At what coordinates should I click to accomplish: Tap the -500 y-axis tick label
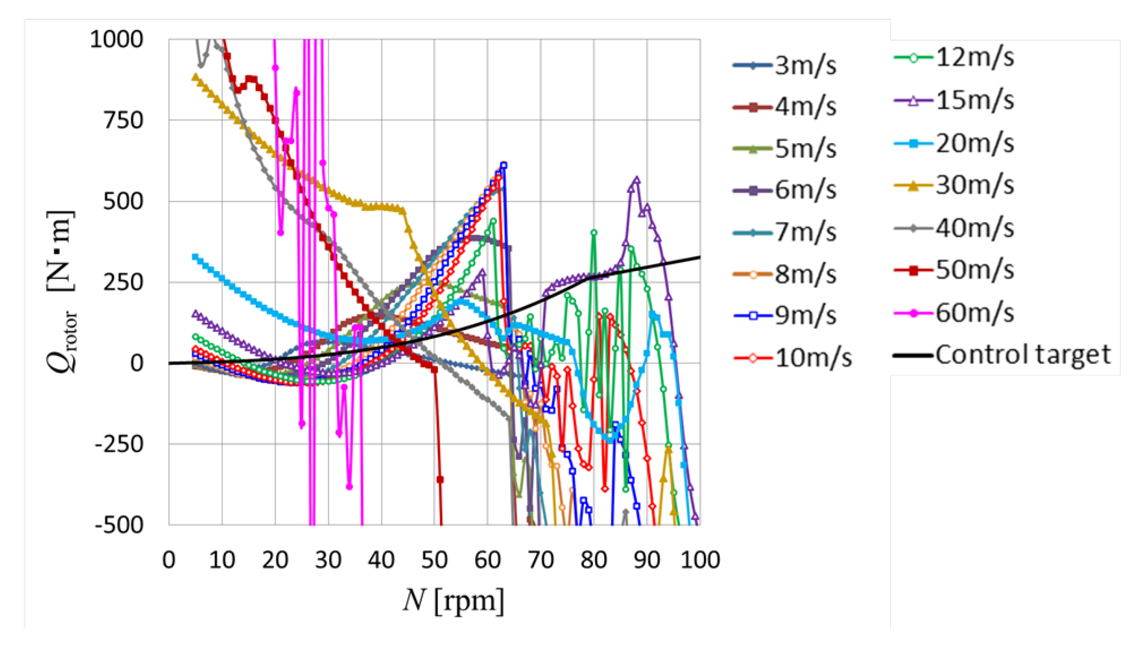point(119,525)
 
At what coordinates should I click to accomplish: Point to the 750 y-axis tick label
point(123,121)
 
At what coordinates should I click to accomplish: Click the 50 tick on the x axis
point(434,560)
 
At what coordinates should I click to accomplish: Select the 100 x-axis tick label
point(700,560)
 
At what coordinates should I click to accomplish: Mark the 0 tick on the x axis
point(168,560)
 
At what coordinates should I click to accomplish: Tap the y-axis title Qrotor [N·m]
point(62,291)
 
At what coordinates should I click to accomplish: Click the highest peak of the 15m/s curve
point(636,180)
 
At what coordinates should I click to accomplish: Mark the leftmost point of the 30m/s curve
point(195,77)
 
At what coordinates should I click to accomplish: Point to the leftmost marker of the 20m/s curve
point(195,256)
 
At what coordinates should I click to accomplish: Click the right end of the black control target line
point(700,257)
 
